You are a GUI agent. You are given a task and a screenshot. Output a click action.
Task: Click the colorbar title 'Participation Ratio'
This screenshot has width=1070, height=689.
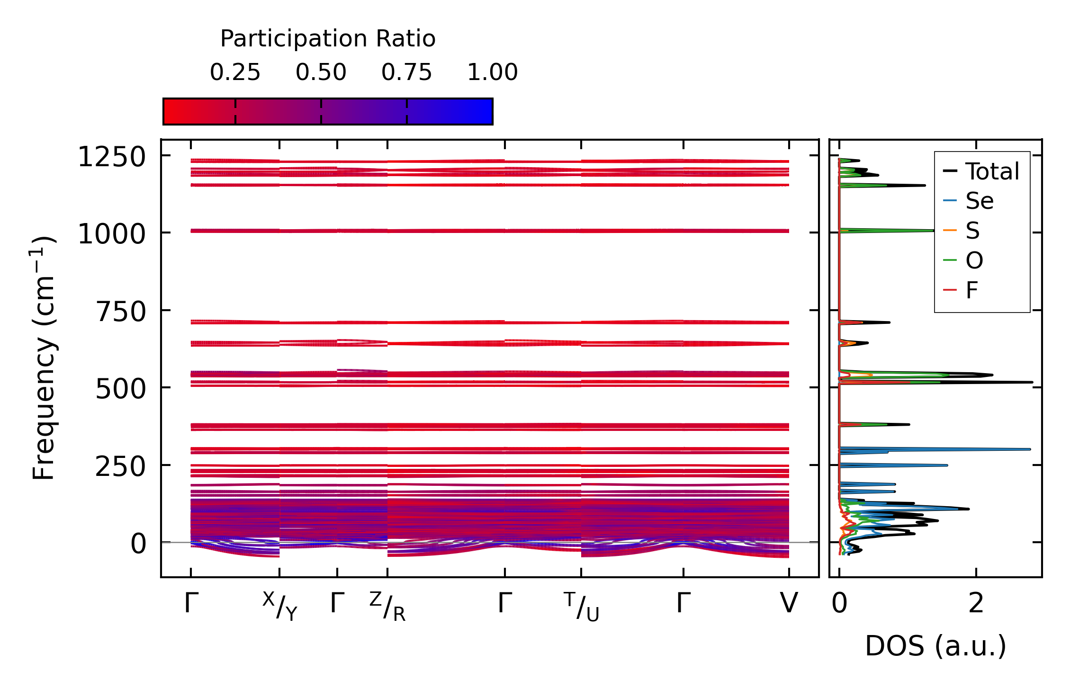328,39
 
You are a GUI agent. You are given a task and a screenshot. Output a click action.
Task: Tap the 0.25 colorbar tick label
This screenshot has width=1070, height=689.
235,72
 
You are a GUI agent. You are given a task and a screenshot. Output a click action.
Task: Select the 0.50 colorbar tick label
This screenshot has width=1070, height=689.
321,72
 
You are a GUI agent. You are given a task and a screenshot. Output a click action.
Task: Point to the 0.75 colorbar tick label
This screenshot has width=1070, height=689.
407,72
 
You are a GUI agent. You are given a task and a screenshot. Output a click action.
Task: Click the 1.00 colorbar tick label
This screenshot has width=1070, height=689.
493,72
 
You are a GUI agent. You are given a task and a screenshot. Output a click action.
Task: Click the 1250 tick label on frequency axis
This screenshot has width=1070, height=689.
112,157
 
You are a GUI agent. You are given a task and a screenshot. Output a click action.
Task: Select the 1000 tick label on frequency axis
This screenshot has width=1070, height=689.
112,234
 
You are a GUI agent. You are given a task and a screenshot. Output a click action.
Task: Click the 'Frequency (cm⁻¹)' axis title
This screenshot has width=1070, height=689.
44,358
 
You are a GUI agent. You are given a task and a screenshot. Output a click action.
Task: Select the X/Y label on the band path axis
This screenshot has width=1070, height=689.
280,606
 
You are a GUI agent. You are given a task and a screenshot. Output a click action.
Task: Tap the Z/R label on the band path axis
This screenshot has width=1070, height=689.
387,606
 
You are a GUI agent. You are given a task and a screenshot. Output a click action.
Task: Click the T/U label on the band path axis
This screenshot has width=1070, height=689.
581,606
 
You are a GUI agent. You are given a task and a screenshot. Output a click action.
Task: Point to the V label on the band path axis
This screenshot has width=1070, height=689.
789,603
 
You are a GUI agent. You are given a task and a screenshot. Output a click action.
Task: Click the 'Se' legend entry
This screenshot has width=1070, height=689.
980,201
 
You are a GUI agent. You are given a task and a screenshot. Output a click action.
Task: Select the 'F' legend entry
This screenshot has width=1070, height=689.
972,290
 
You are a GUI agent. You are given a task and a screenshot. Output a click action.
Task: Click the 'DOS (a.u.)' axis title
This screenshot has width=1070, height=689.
935,646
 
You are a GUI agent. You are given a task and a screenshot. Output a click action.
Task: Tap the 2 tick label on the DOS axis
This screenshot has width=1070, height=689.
976,603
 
